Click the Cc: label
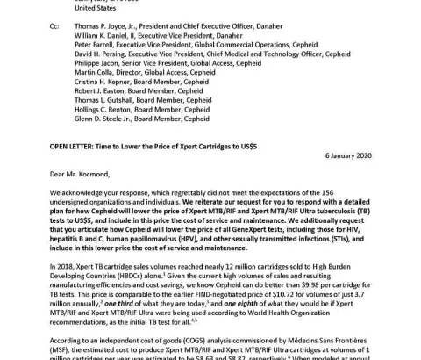(55, 28)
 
